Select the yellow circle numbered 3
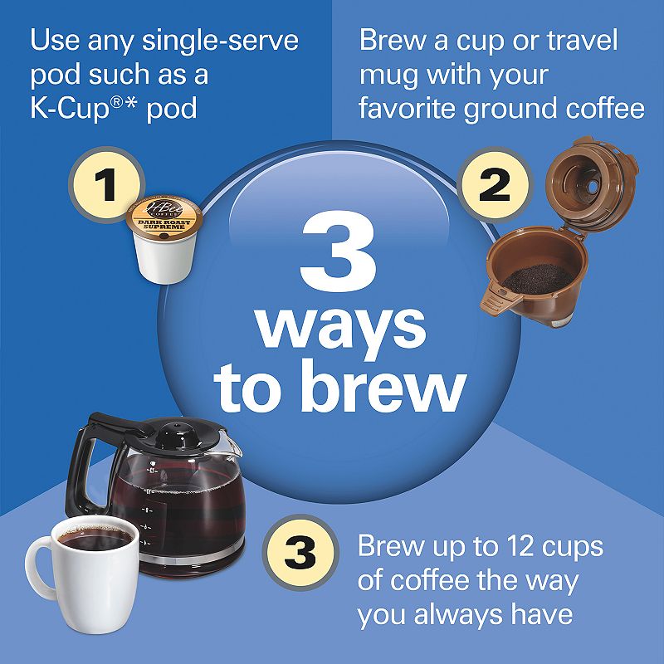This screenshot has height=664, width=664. pyautogui.click(x=300, y=551)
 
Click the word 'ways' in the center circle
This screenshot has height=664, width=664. pyautogui.click(x=340, y=326)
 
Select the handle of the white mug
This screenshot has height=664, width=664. pyautogui.click(x=37, y=569)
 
